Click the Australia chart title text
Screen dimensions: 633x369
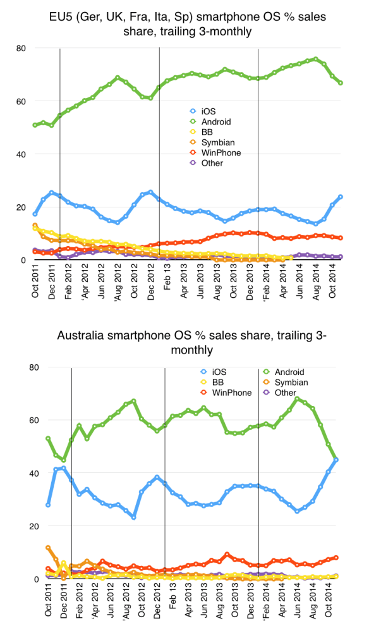[184, 341]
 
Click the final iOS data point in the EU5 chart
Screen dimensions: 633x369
[341, 197]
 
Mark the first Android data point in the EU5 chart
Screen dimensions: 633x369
[35, 125]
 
